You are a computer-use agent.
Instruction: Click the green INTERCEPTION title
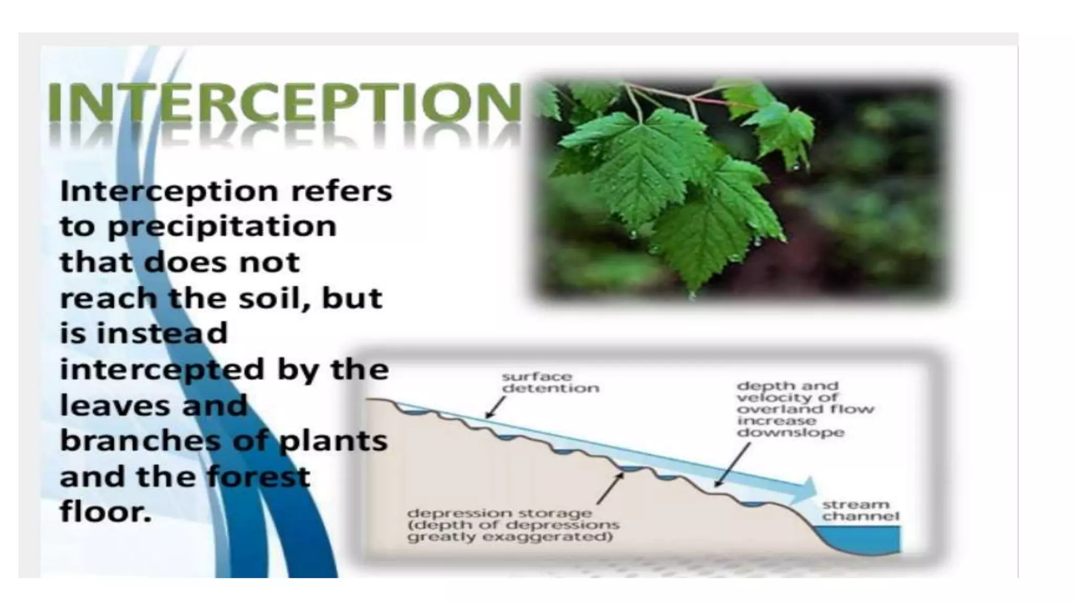pos(283,102)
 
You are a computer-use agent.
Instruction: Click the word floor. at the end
pos(105,511)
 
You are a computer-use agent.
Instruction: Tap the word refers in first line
pos(341,191)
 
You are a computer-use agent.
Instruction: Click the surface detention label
pos(550,383)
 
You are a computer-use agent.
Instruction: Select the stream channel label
pos(860,510)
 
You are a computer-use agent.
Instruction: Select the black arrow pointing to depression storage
pos(610,488)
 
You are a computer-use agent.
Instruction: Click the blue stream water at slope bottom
pos(865,540)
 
